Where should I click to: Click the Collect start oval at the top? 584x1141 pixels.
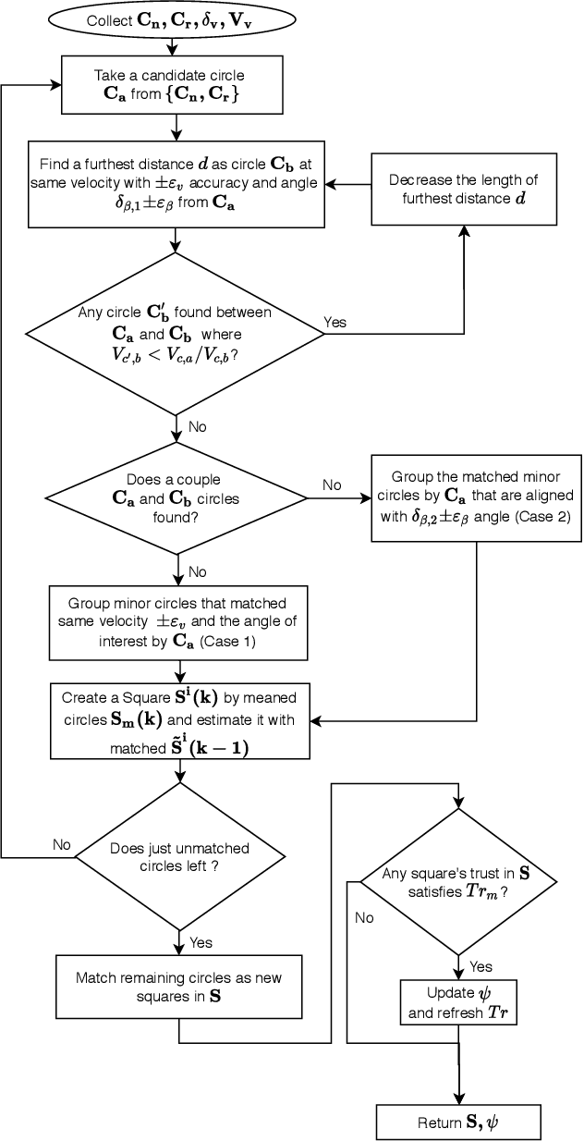[x=178, y=19]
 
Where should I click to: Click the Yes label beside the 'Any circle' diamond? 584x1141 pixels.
[x=335, y=322]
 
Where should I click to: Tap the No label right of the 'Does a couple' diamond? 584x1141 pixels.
[x=331, y=485]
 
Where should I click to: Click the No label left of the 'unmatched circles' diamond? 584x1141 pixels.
[x=61, y=844]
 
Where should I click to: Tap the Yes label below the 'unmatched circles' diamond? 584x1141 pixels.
[x=200, y=942]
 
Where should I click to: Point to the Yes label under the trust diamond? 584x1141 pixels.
[x=481, y=966]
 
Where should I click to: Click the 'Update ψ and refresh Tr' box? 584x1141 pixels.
[x=457, y=1003]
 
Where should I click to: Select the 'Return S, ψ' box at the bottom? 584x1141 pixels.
[x=457, y=1122]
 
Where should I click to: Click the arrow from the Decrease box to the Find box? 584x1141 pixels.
[x=352, y=184]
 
